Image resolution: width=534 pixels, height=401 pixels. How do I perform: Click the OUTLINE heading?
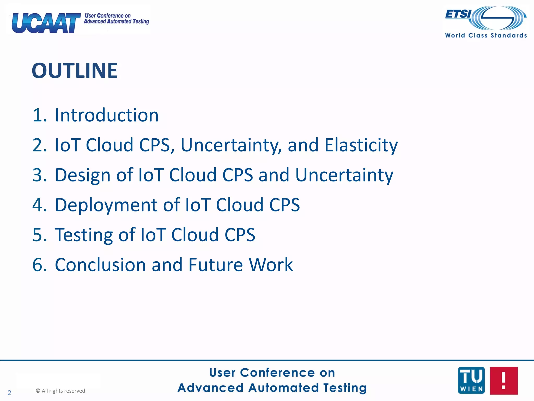click(x=75, y=70)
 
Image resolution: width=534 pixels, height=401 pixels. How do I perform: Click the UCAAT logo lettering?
click(x=46, y=23)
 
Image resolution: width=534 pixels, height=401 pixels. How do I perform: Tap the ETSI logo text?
click(x=458, y=14)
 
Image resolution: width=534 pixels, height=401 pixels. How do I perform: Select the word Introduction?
click(x=107, y=115)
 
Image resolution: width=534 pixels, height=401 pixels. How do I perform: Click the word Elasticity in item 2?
click(x=361, y=145)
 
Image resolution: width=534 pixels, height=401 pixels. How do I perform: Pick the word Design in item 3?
click(x=83, y=175)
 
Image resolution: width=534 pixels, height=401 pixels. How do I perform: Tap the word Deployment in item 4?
click(x=106, y=205)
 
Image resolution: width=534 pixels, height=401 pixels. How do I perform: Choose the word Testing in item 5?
click(x=83, y=235)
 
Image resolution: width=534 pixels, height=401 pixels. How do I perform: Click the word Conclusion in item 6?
click(x=100, y=265)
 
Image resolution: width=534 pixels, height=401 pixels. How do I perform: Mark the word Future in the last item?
click(x=215, y=265)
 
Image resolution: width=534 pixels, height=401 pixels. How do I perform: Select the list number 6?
click(x=38, y=265)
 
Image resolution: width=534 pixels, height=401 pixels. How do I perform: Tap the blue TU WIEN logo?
click(x=471, y=380)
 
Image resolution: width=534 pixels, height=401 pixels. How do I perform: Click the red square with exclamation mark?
click(x=503, y=380)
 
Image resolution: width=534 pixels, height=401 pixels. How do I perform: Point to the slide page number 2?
click(x=9, y=393)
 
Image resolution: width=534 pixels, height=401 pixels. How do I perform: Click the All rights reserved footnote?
click(x=60, y=391)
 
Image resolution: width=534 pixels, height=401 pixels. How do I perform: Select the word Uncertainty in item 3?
click(x=344, y=175)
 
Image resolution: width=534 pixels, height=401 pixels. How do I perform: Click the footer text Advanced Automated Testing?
click(x=272, y=388)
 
